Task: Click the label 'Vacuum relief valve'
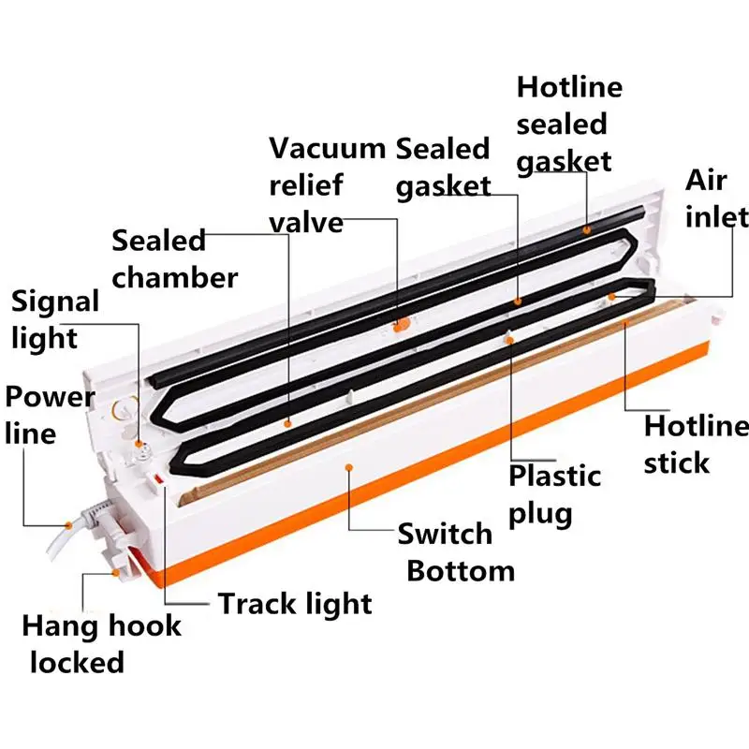[327, 184]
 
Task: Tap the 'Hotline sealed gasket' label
[569, 124]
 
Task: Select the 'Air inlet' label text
[717, 198]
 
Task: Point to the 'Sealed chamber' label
[175, 258]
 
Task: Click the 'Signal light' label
[54, 319]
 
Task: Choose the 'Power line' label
[50, 414]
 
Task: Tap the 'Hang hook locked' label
[101, 643]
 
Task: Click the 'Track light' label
[295, 603]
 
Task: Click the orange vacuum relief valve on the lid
[401, 325]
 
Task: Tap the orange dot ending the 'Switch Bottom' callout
[348, 465]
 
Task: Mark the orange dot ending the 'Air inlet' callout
[610, 296]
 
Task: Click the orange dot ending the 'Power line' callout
[67, 523]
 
